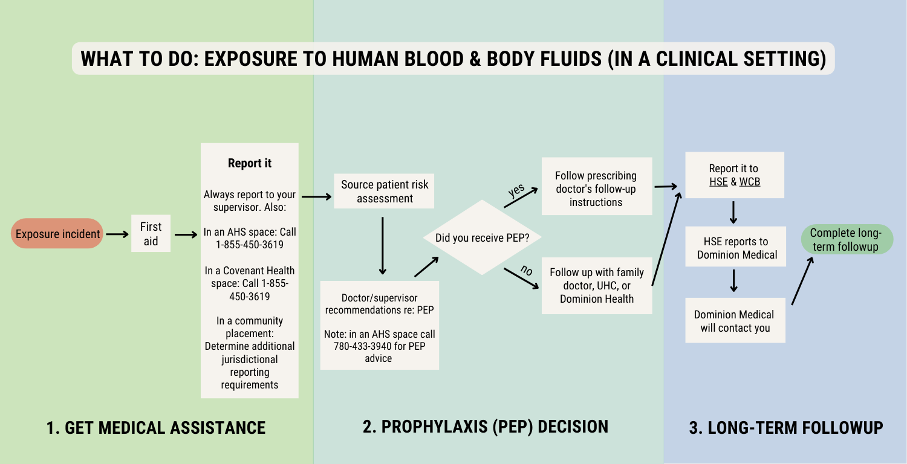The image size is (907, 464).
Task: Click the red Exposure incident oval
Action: (58, 234)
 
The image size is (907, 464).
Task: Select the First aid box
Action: (151, 234)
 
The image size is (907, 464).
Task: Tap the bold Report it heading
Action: (249, 163)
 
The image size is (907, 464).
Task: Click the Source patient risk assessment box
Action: (385, 191)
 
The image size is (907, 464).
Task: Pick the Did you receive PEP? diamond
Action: (482, 237)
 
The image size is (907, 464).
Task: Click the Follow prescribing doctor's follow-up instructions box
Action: (596, 188)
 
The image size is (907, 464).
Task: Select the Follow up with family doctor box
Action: (596, 285)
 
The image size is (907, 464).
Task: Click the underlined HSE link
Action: (718, 181)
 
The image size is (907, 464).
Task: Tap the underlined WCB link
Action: (750, 181)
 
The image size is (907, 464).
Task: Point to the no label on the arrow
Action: (527, 271)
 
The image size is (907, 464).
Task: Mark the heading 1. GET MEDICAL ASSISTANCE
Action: (156, 428)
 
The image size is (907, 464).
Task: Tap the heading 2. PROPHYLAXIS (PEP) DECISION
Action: (485, 427)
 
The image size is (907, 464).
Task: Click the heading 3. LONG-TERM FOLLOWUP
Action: (785, 428)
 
